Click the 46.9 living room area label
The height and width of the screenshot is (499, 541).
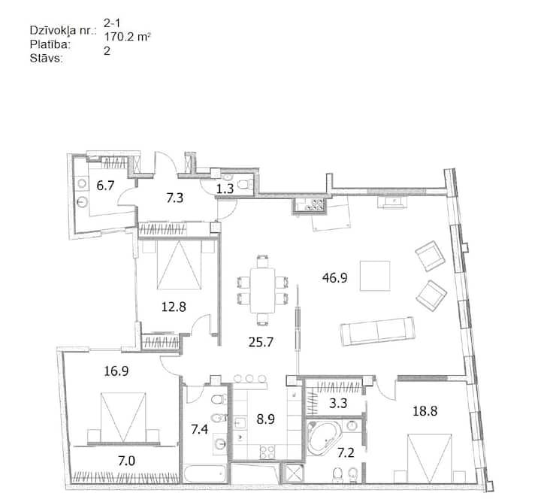tap(334, 278)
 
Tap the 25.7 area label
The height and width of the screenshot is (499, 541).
tap(261, 342)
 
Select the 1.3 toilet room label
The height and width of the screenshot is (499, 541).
tap(225, 189)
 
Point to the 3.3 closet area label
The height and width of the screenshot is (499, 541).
tap(338, 403)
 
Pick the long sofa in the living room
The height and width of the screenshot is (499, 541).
tap(377, 331)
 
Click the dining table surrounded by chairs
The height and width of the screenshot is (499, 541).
tap(262, 290)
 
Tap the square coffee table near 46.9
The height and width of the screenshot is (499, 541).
tap(375, 276)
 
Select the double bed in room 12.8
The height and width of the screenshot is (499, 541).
tap(179, 265)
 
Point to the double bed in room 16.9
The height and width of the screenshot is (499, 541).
tap(123, 417)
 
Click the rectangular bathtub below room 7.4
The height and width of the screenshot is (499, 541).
tap(204, 474)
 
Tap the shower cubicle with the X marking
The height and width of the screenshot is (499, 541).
tap(294, 473)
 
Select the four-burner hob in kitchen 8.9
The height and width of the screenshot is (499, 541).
tap(267, 452)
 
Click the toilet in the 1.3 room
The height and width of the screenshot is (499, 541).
tap(245, 184)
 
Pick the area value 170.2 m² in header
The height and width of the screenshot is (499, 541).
tap(127, 37)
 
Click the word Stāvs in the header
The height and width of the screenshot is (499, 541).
tap(47, 59)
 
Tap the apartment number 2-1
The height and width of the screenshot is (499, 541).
tap(112, 23)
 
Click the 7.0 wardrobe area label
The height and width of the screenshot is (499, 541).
tap(127, 461)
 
